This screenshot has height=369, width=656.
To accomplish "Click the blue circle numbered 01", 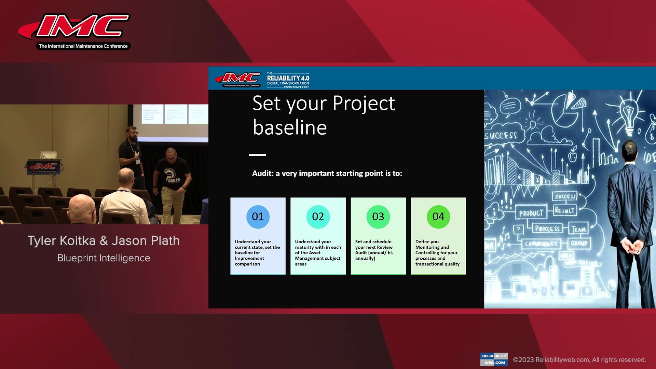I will [x=258, y=217].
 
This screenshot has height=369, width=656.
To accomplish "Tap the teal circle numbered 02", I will [x=318, y=217].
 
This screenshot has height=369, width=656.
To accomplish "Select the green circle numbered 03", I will [x=378, y=217].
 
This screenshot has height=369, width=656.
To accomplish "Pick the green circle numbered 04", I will [x=438, y=217].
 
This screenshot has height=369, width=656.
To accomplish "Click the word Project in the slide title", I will [x=364, y=104].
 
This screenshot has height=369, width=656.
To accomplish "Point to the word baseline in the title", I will [x=290, y=128].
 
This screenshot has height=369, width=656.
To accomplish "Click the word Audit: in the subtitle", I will [x=262, y=174].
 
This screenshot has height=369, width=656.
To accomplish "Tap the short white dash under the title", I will [x=257, y=155].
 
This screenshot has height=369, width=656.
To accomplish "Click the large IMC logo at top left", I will [x=79, y=27].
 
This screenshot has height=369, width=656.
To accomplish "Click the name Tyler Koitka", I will [x=61, y=241].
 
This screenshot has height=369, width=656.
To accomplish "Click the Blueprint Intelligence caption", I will [x=104, y=258].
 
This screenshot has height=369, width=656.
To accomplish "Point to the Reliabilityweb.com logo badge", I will [x=494, y=359].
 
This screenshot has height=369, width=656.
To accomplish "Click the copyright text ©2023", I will [x=523, y=360].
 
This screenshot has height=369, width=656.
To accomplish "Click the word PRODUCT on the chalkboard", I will [x=531, y=213].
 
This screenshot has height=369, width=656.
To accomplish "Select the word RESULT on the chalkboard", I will [x=565, y=210].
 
